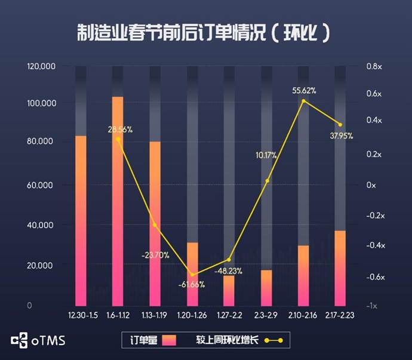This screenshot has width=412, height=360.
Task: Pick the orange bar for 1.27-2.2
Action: click(229, 290)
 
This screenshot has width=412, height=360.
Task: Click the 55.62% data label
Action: click(304, 90)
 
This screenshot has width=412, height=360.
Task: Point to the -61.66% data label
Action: click(191, 284)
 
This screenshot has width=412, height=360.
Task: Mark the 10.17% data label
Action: click(266, 155)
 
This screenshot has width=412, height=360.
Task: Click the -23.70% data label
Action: click(155, 255)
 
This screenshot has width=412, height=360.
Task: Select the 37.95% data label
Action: click(341, 136)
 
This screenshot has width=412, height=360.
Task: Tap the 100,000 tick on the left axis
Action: click(41, 103)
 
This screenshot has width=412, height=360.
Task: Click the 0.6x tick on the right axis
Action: click(374, 94)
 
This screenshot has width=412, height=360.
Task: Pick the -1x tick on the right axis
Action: click(371, 306)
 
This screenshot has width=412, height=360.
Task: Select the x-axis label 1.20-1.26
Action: click(192, 315)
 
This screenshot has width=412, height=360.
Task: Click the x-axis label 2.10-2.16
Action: click(303, 315)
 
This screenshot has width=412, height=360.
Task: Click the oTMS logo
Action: click(38, 341)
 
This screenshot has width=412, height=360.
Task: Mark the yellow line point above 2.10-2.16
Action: click(303, 101)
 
